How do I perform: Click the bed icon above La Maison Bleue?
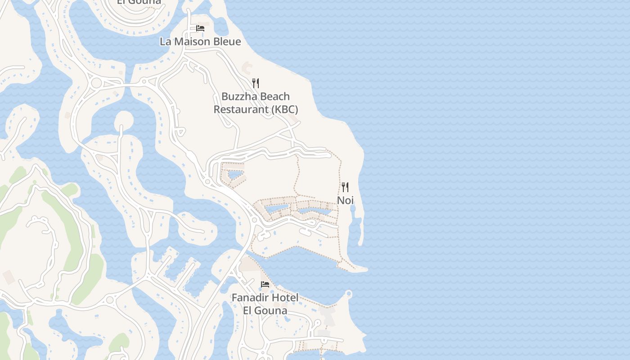[x=200, y=28]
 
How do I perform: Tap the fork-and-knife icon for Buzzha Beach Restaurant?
[x=256, y=83]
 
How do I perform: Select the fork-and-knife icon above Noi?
[x=345, y=187]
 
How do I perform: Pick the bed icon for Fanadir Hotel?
[x=265, y=284]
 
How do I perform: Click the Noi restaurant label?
[x=346, y=200]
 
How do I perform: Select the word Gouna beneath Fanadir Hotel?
[x=271, y=310]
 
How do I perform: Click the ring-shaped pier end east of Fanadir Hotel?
[x=348, y=294]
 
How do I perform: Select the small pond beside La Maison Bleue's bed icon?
[x=221, y=27]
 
